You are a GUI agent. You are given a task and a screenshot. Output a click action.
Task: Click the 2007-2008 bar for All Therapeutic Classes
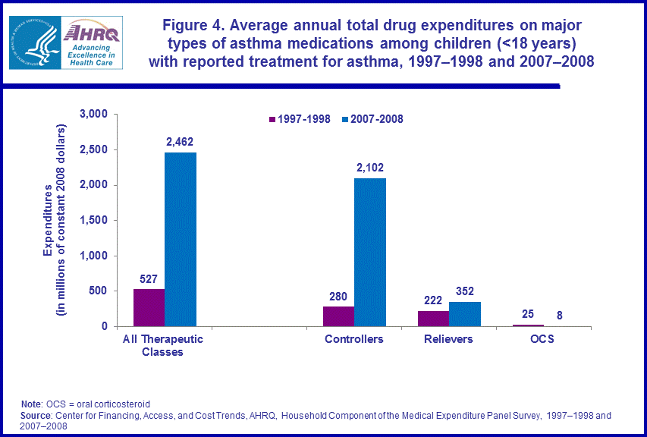coord(181,240)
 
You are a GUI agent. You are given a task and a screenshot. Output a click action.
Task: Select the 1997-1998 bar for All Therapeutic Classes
coord(149,307)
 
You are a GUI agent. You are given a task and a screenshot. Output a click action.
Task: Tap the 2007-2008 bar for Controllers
coord(370,252)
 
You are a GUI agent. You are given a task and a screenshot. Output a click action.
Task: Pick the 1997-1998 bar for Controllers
coord(338,316)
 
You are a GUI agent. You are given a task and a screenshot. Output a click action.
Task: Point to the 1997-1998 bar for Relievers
coord(433,319)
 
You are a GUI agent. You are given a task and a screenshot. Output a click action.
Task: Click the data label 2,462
coord(181,141)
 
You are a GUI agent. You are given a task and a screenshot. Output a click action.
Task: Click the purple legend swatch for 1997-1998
coord(272,119)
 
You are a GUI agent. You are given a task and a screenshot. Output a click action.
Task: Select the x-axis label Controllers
coord(354,339)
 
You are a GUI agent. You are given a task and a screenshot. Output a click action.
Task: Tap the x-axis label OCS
coord(542,339)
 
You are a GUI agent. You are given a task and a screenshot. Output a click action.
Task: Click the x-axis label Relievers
coord(448,339)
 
